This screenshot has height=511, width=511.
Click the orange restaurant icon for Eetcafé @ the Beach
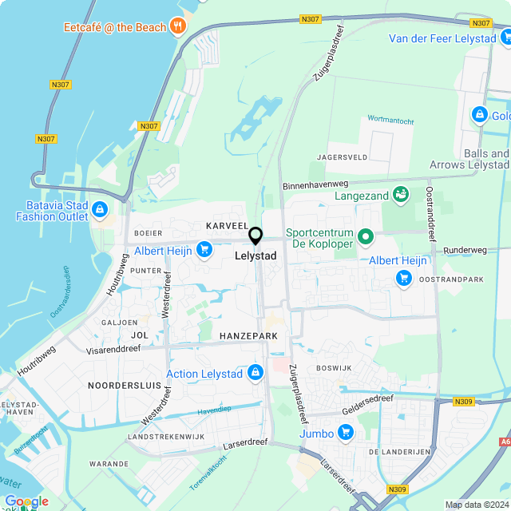[177, 26]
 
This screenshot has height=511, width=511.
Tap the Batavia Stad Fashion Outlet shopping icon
[100, 210]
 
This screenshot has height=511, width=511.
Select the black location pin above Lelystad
[255, 236]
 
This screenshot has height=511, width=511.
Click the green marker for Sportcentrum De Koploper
[366, 236]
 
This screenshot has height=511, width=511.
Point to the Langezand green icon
[401, 195]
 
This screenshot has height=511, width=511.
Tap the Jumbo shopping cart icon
[345, 433]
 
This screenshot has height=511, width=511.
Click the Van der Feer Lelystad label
[442, 38]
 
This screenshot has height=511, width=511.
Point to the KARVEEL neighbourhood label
[227, 226]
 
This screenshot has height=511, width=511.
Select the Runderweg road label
[465, 250]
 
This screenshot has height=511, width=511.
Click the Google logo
[26, 501]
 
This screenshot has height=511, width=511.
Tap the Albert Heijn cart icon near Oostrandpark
[404, 278]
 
